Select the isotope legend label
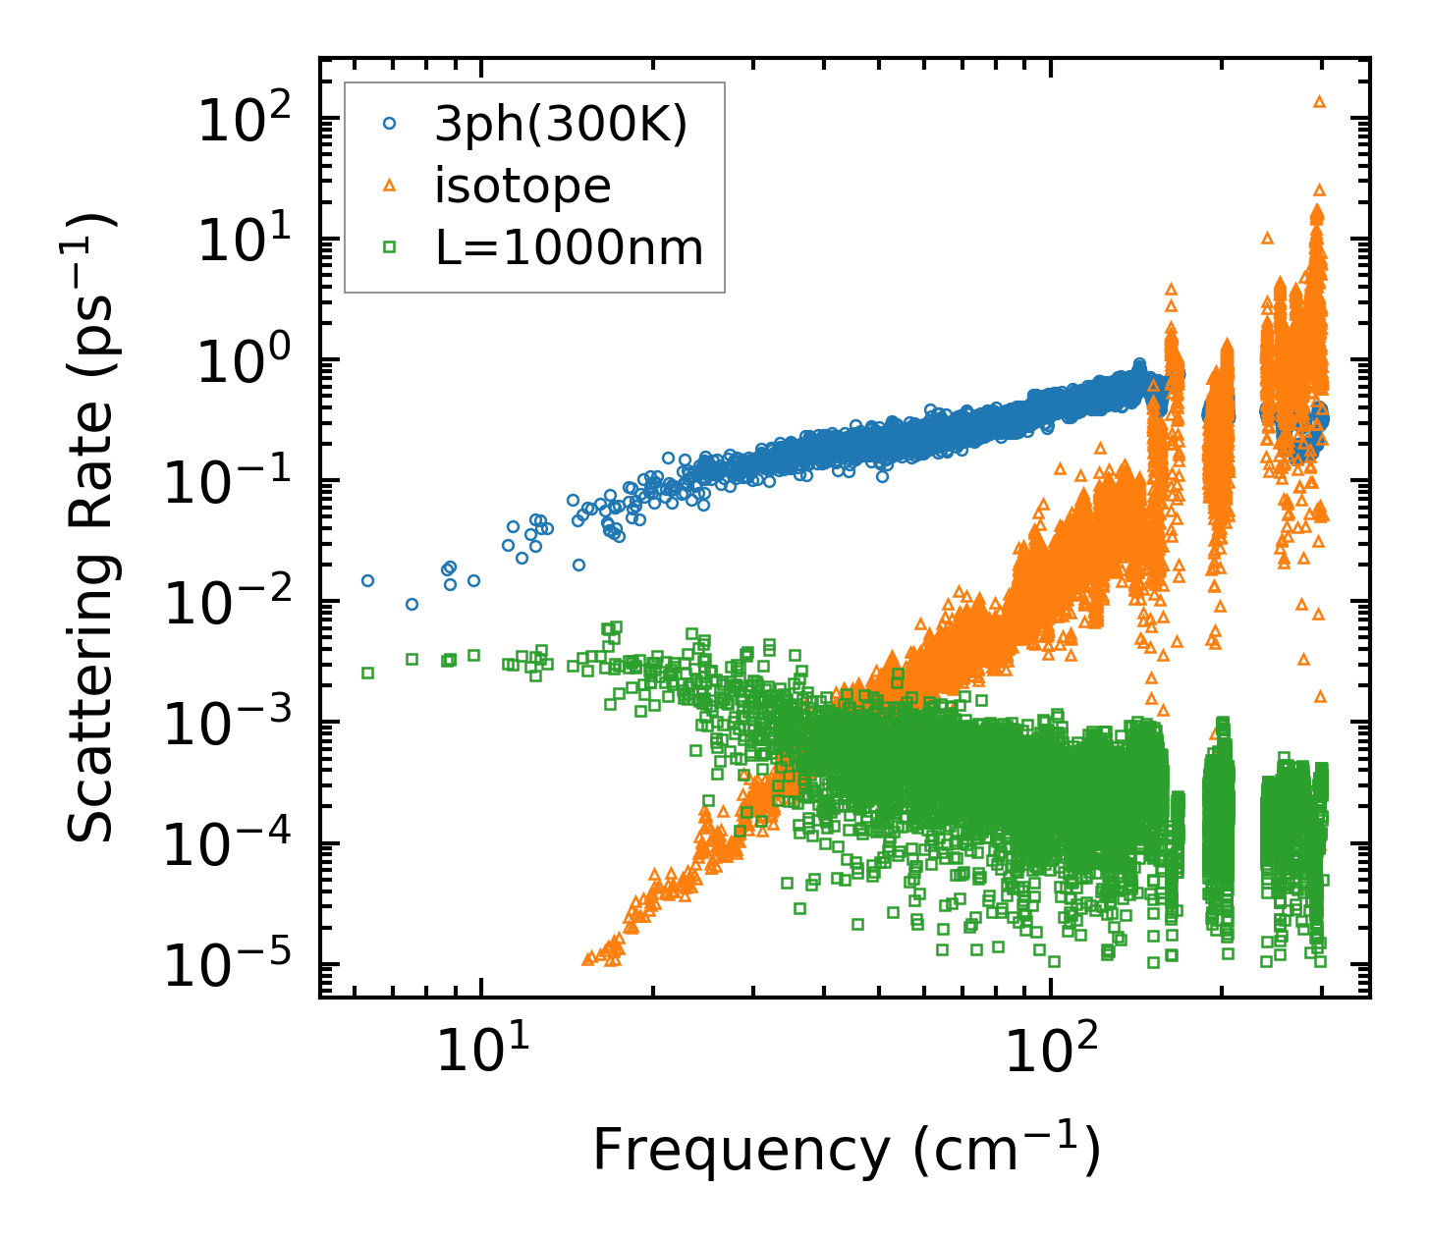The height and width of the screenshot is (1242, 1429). click(522, 186)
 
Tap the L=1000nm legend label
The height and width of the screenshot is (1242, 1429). click(570, 247)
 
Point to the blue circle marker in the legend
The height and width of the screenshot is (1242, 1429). click(390, 124)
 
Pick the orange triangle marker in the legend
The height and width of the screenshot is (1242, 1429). click(390, 185)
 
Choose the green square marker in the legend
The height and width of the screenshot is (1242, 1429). click(390, 247)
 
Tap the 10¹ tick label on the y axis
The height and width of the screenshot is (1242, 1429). click(247, 243)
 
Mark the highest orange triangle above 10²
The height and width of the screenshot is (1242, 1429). click(1319, 101)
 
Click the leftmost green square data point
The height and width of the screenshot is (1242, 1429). click(367, 673)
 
